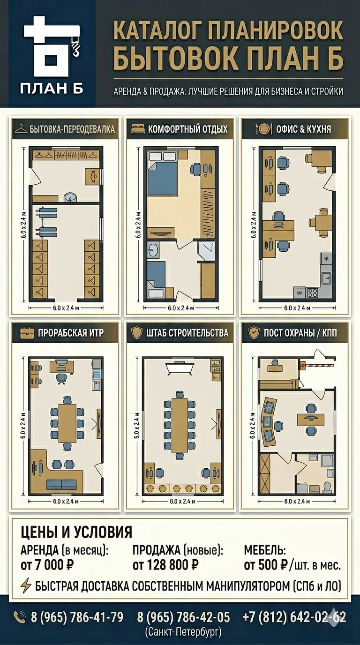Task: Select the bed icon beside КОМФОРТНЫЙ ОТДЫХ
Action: pyautogui.click(x=138, y=129)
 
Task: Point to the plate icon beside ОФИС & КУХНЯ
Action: pyautogui.click(x=263, y=129)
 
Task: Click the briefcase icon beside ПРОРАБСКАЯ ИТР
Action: pyautogui.click(x=27, y=333)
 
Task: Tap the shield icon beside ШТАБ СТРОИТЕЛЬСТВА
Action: pyautogui.click(x=136, y=333)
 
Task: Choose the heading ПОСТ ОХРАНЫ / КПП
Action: pyautogui.click(x=300, y=333)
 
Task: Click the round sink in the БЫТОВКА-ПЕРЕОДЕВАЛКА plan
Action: pyautogui.click(x=70, y=197)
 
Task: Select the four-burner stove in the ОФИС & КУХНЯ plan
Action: pyautogui.click(x=313, y=292)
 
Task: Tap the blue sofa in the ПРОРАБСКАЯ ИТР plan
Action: pyautogui.click(x=61, y=485)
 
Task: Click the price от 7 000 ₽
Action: pyautogui.click(x=47, y=565)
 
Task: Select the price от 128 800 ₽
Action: pyautogui.click(x=165, y=565)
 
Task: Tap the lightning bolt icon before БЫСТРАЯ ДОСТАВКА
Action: pyautogui.click(x=26, y=585)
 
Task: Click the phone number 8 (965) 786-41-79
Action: pyautogui.click(x=77, y=617)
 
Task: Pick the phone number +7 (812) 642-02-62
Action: pyautogui.click(x=294, y=617)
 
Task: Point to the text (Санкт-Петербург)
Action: pyautogui.click(x=183, y=631)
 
